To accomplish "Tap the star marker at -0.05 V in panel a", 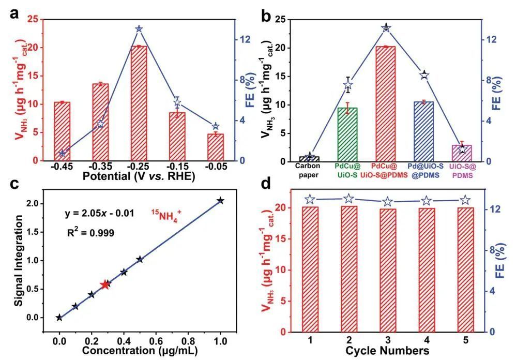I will click(x=216, y=126).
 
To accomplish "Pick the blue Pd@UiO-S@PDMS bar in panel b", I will click(x=423, y=131).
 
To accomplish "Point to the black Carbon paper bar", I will click(x=309, y=159).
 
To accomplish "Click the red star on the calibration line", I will click(x=105, y=284).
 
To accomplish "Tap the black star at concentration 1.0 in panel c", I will click(x=220, y=201).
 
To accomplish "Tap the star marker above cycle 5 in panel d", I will click(x=465, y=200).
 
